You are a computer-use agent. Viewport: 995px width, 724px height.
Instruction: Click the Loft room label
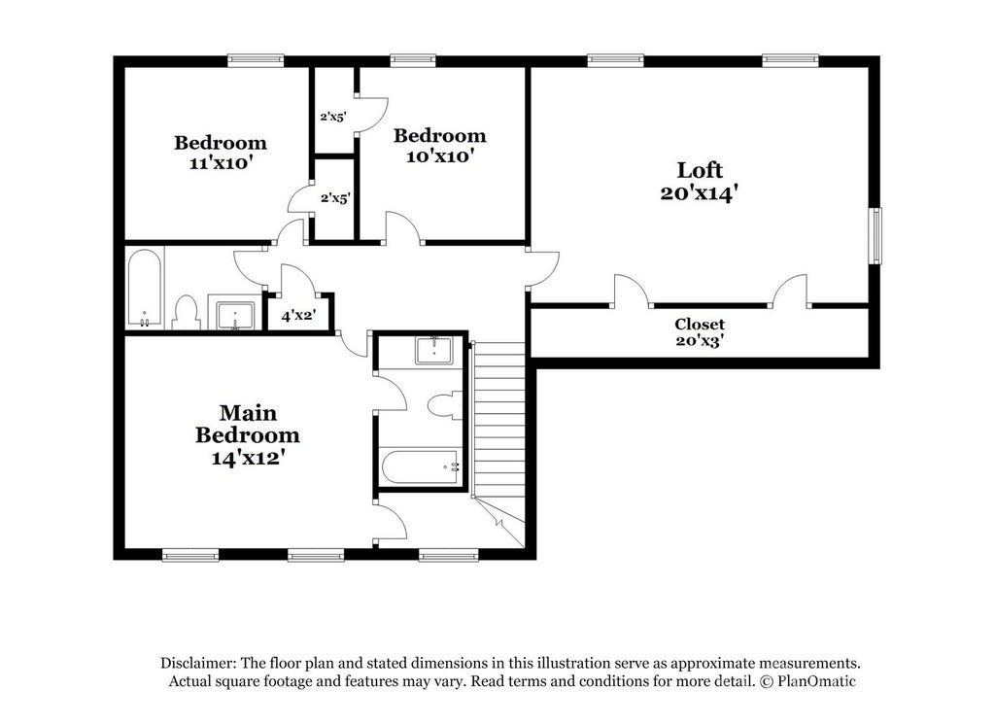700,170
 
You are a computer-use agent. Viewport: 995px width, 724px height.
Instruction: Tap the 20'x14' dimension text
699,192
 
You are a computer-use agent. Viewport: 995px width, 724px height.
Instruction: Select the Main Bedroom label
248,424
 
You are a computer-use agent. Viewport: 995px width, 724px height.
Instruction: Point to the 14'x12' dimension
246,458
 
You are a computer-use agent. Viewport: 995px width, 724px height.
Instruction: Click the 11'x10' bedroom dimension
221,163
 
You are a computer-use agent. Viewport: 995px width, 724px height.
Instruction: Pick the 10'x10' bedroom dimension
440,156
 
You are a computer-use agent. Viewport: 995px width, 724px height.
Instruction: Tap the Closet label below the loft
700,325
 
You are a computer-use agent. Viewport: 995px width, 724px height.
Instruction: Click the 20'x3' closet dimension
700,341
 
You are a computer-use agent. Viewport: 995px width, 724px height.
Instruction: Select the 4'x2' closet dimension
298,315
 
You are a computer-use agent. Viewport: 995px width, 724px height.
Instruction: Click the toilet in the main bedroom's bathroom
445,405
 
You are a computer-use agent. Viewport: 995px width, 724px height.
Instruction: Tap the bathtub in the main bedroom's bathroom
421,467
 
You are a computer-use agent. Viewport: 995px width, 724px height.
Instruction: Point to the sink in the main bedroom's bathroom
434,350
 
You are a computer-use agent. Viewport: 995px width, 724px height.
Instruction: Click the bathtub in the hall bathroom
145,288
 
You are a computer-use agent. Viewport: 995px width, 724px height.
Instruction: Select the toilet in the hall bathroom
186,313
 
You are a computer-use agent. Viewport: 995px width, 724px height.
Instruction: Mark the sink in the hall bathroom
235,316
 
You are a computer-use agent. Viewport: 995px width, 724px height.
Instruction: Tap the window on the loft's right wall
875,235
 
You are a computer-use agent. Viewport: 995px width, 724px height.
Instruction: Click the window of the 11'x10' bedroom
256,60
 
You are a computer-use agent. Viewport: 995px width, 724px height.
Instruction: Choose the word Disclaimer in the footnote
198,664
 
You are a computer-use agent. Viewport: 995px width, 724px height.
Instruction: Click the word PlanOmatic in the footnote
816,681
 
